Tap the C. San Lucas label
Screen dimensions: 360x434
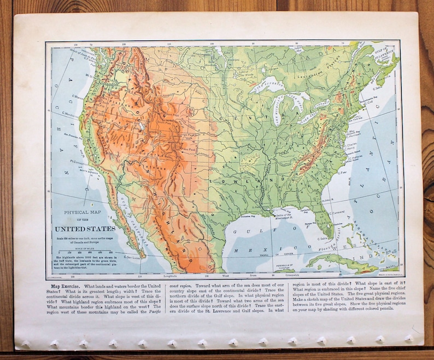tap(132, 256)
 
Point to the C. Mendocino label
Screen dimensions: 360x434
tap(63, 114)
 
